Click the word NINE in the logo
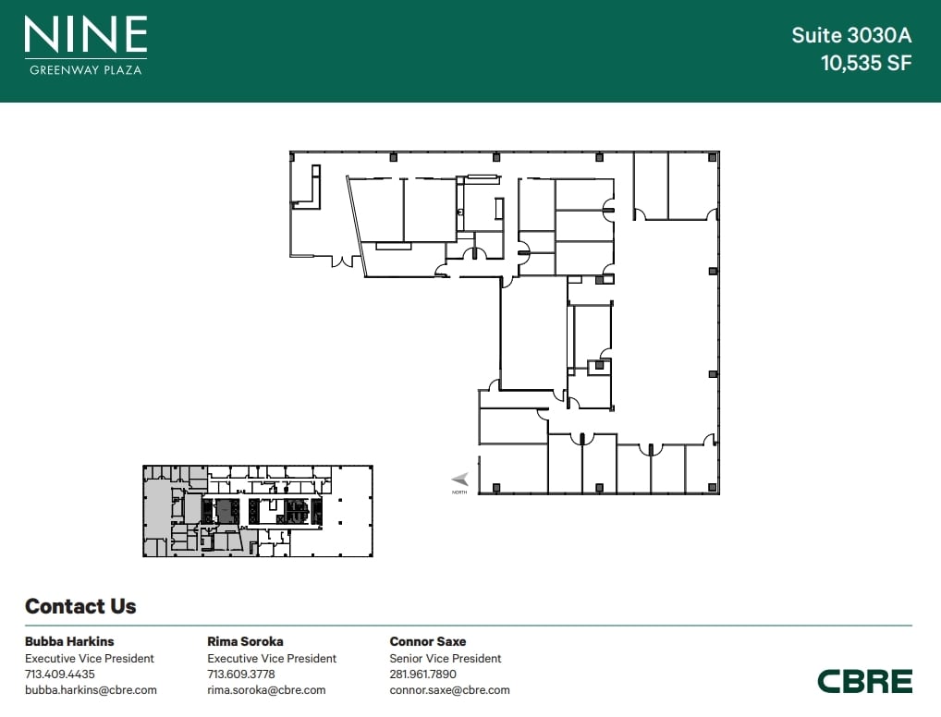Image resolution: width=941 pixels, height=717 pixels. click(x=86, y=34)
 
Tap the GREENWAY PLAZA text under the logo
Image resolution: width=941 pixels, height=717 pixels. click(x=86, y=69)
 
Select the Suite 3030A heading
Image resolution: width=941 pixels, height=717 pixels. click(x=851, y=35)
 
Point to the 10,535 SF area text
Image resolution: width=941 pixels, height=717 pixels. click(x=866, y=63)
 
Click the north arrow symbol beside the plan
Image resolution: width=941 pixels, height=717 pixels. click(x=459, y=479)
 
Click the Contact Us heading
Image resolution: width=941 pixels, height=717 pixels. click(x=80, y=606)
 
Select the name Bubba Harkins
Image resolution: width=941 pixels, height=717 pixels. click(x=69, y=641)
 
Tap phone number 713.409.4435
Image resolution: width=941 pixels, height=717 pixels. click(x=60, y=674)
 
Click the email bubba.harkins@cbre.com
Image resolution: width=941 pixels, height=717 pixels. click(x=91, y=690)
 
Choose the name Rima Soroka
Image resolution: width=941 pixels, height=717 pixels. click(x=245, y=641)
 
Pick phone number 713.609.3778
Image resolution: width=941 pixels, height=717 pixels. click(x=241, y=674)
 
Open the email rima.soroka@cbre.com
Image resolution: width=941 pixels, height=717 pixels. click(x=266, y=690)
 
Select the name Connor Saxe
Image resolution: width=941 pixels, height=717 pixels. click(x=428, y=641)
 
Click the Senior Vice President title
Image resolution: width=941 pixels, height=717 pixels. click(x=446, y=658)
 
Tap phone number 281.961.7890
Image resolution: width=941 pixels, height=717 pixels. click(x=423, y=674)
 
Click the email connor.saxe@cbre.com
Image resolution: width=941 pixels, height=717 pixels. click(x=449, y=690)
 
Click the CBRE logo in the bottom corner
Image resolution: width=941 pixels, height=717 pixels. click(x=865, y=682)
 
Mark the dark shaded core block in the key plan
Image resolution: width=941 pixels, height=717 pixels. click(x=225, y=511)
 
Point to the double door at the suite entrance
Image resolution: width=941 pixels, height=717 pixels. click(x=343, y=261)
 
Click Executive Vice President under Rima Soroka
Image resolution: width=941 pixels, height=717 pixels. click(x=272, y=658)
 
